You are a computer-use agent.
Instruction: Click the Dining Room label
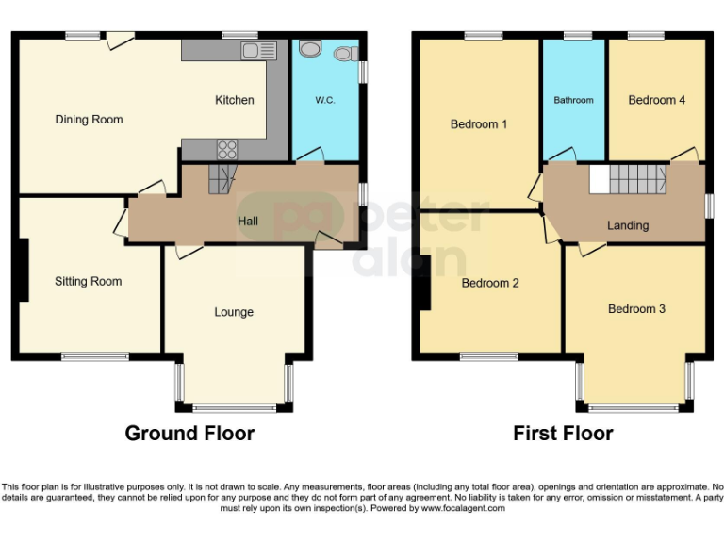(89, 120)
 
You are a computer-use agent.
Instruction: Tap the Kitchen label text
(234, 100)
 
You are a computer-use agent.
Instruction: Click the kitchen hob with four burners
(227, 149)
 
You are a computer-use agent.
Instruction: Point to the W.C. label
(325, 100)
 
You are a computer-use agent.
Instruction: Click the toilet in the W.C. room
(309, 48)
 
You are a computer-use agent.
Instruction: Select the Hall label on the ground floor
(248, 221)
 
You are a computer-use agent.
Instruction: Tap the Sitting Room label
(88, 281)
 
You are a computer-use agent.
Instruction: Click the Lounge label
(233, 312)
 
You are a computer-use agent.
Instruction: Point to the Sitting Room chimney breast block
(24, 270)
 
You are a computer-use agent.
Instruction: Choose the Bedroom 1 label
(478, 124)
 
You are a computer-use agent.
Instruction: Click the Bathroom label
(573, 100)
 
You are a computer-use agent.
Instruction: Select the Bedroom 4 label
(656, 100)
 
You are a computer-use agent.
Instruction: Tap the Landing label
(627, 225)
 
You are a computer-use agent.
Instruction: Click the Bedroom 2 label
(489, 283)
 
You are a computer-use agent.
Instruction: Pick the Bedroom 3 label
(636, 309)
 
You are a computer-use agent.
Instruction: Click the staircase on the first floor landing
(628, 179)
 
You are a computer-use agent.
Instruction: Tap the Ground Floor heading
(189, 434)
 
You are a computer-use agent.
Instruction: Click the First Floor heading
(563, 434)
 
